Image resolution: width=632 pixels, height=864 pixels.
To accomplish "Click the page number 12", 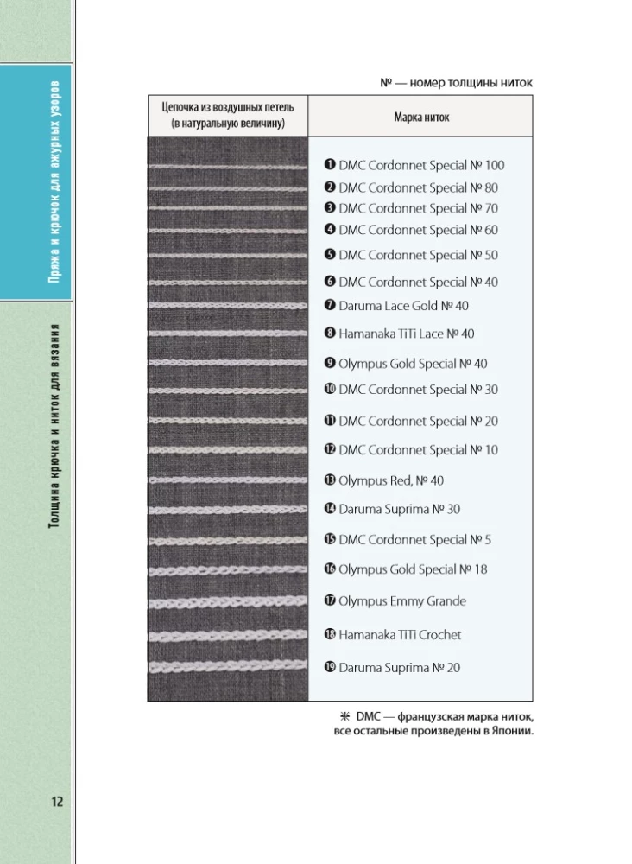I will pyautogui.click(x=57, y=802).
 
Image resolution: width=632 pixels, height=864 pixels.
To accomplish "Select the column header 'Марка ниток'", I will pyautogui.click(x=420, y=117).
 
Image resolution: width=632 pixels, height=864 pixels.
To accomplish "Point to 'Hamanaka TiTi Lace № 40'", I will pyautogui.click(x=406, y=334).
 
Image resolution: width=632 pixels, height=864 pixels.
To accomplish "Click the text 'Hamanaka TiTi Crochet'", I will pyautogui.click(x=400, y=634).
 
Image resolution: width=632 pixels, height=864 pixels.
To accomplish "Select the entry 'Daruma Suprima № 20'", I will pyautogui.click(x=399, y=667).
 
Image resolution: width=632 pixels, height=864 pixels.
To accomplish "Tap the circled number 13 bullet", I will pyautogui.click(x=330, y=480).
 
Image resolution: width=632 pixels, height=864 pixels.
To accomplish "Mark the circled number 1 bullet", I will pyautogui.click(x=330, y=164).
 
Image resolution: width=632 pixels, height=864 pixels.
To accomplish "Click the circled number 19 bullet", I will pyautogui.click(x=330, y=667).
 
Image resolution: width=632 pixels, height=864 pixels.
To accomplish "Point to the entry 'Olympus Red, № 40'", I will pyautogui.click(x=391, y=480).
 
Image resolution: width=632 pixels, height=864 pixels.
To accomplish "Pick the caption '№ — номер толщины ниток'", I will pyautogui.click(x=456, y=83).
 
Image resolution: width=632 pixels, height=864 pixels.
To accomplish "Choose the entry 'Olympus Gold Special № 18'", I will pyautogui.click(x=413, y=569).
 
